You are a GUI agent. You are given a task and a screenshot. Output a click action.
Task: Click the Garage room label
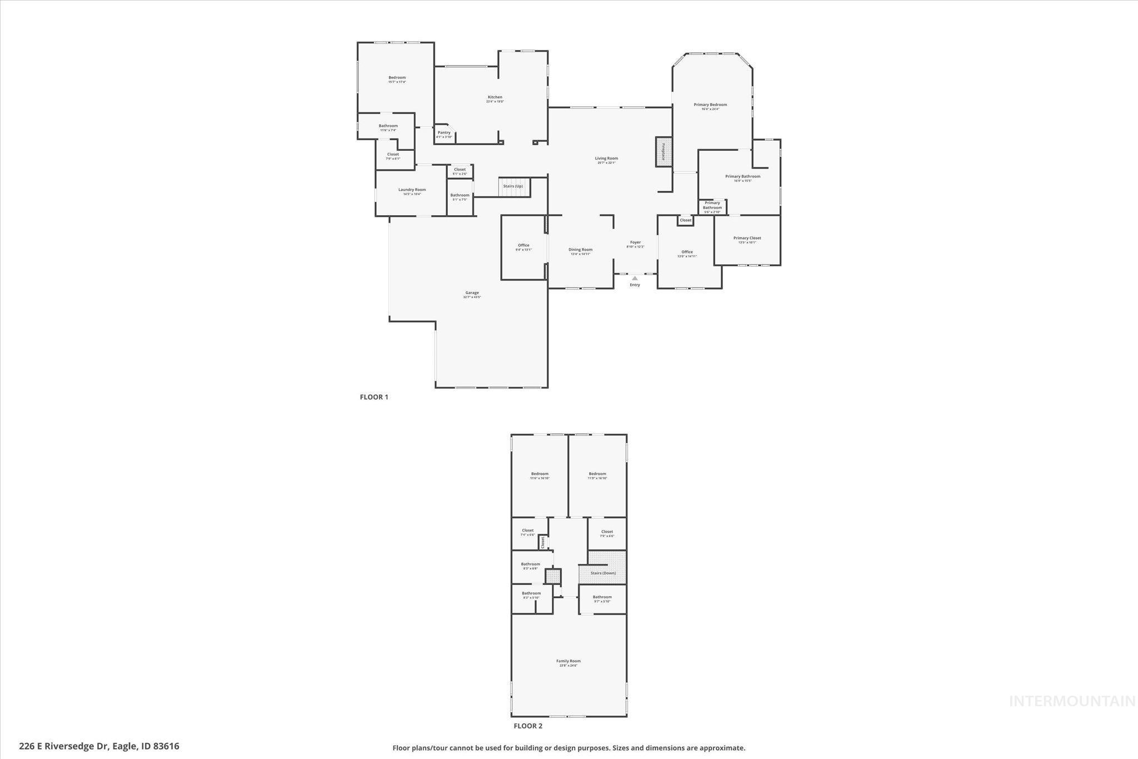[472, 293]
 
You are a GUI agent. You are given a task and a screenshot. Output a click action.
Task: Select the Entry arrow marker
[635, 278]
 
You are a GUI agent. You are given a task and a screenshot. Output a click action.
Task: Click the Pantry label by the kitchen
[444, 132]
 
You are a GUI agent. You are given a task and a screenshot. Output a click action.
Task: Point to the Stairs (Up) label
[513, 186]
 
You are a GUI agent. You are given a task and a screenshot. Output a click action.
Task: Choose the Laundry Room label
[412, 190]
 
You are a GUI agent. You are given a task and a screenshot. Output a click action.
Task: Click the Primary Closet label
[747, 238]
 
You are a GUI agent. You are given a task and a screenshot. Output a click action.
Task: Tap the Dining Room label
[580, 250]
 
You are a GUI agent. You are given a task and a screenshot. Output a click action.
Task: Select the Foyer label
[635, 242]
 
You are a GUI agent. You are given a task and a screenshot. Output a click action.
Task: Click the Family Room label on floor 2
[568, 661]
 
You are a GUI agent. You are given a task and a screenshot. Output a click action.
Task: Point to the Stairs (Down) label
[603, 573]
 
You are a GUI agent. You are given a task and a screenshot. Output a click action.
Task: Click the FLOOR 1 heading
[374, 397]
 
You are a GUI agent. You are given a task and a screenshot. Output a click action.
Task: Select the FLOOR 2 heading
[527, 726]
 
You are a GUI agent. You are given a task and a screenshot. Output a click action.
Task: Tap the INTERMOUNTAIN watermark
[1072, 701]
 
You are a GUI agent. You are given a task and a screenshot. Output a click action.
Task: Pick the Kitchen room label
[495, 97]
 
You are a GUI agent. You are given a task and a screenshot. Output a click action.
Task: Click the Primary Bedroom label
[710, 105]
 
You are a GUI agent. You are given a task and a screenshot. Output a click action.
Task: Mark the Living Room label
[606, 158]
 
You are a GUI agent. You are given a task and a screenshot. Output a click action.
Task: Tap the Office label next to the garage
[523, 245]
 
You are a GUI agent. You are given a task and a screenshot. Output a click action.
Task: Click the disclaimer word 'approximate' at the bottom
[723, 748]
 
